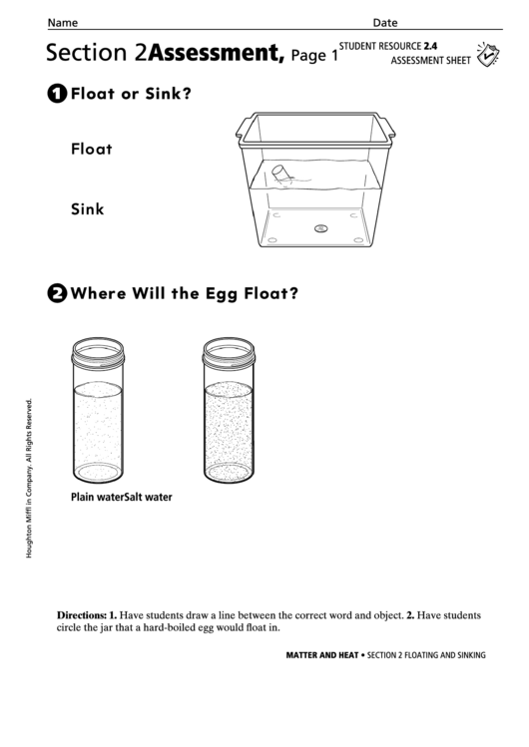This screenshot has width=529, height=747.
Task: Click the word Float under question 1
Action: click(x=92, y=150)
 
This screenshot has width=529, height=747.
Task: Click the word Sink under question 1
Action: click(x=88, y=209)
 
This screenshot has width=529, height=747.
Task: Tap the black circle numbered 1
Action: click(x=57, y=95)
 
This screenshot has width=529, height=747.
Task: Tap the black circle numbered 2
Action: click(x=57, y=293)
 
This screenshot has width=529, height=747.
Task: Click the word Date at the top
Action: click(x=385, y=22)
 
